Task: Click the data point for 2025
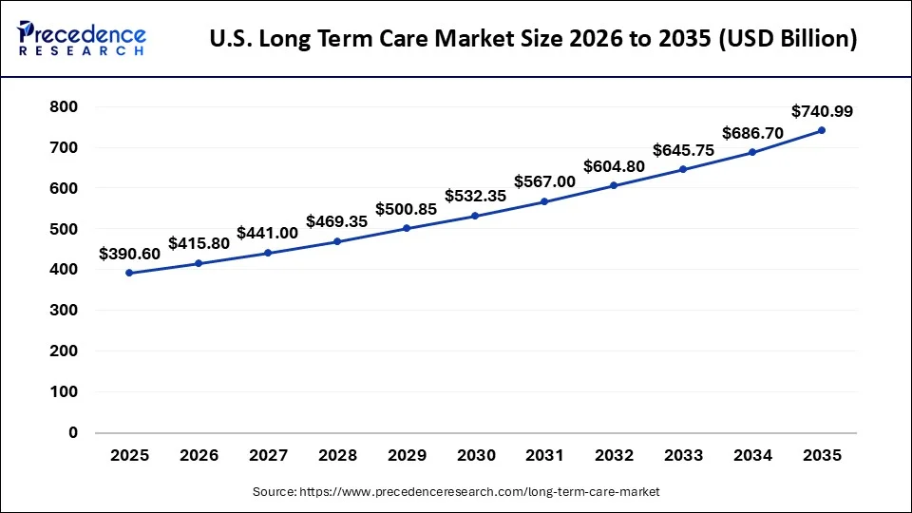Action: [129, 273]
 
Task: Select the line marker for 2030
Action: [475, 216]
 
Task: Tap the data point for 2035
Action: [822, 130]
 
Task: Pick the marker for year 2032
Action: [614, 185]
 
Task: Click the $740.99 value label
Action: [822, 111]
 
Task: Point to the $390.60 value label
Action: [130, 254]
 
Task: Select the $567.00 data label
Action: [544, 181]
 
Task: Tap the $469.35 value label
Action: [337, 221]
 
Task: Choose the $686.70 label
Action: [752, 133]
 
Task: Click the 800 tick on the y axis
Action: [63, 107]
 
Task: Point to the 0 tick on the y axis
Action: [72, 432]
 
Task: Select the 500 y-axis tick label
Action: [63, 229]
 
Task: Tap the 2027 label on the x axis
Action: [268, 456]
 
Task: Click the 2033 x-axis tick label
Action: [683, 456]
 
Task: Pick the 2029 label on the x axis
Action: [407, 456]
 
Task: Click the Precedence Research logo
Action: [82, 37]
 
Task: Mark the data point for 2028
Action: [337, 241]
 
